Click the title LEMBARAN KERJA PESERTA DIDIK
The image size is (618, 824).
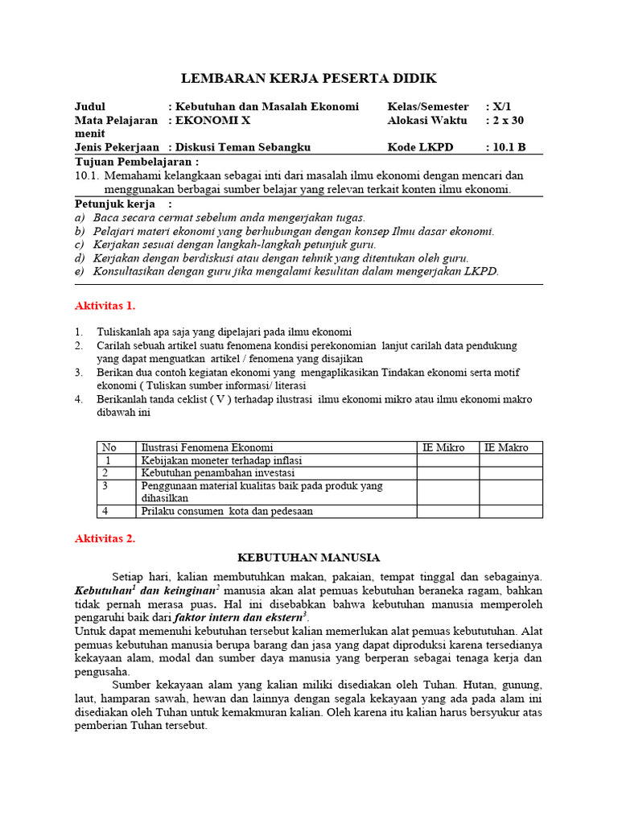308,78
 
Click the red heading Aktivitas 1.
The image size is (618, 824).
105,306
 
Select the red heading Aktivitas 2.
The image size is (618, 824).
105,538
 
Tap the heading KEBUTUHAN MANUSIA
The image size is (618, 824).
309,557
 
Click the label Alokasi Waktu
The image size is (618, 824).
426,120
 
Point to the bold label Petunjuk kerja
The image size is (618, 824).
115,204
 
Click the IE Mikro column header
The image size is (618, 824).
443,447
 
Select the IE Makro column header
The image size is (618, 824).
506,447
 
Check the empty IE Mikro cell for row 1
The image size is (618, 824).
448,460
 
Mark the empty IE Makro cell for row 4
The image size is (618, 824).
511,511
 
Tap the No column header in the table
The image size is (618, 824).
109,447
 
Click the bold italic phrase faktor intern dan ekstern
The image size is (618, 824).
244,618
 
